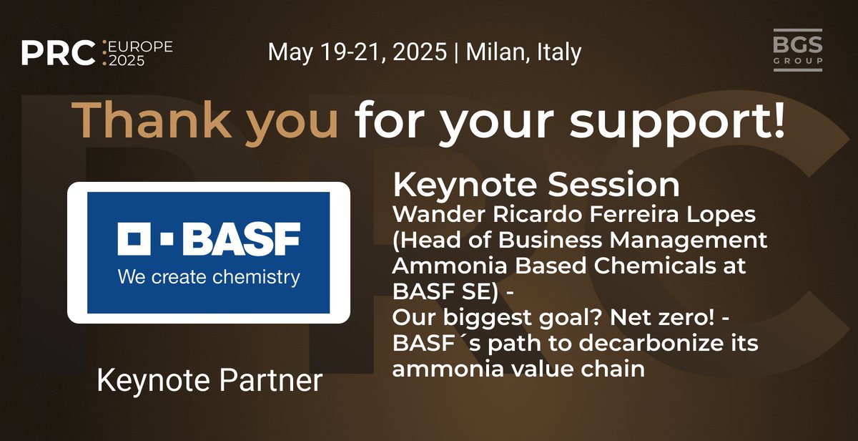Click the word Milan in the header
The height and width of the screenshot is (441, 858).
click(498, 52)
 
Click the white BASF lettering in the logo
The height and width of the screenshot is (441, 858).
click(239, 239)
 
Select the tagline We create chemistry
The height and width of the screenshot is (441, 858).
click(208, 276)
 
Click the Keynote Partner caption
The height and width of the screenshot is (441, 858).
click(209, 380)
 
